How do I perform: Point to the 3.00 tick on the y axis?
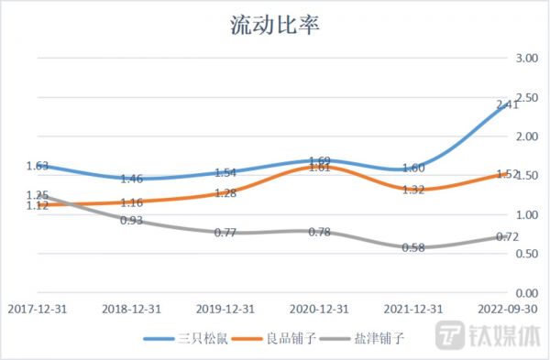(526, 58)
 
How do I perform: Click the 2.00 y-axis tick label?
(526, 136)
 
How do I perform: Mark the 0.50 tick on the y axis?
(526, 254)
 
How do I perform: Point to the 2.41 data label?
(507, 105)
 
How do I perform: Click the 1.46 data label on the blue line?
(132, 179)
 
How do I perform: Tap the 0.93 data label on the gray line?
(132, 220)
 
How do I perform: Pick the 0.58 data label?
(413, 247)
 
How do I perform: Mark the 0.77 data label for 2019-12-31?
(225, 233)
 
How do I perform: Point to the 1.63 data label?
(38, 166)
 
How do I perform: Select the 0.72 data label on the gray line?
(507, 237)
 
